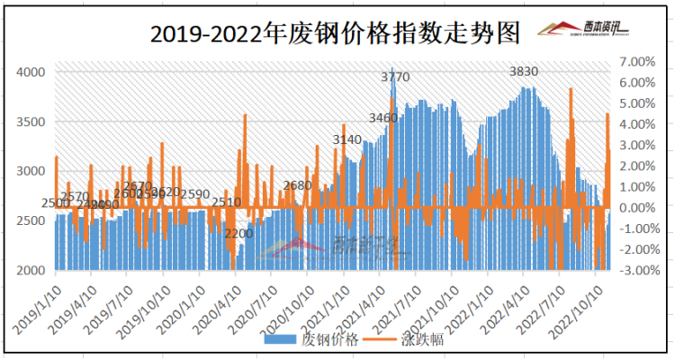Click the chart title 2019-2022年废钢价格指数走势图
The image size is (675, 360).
click(x=335, y=34)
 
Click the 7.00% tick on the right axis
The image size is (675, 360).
click(x=639, y=61)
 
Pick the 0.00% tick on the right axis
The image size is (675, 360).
click(x=639, y=208)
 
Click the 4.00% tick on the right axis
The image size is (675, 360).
click(x=639, y=124)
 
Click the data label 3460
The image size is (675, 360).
click(x=383, y=118)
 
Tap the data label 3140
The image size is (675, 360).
click(x=346, y=140)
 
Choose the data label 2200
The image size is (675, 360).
click(x=238, y=234)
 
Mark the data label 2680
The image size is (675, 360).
click(x=297, y=185)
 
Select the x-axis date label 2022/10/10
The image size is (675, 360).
click(x=583, y=306)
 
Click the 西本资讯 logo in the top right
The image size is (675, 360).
click(x=583, y=31)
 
